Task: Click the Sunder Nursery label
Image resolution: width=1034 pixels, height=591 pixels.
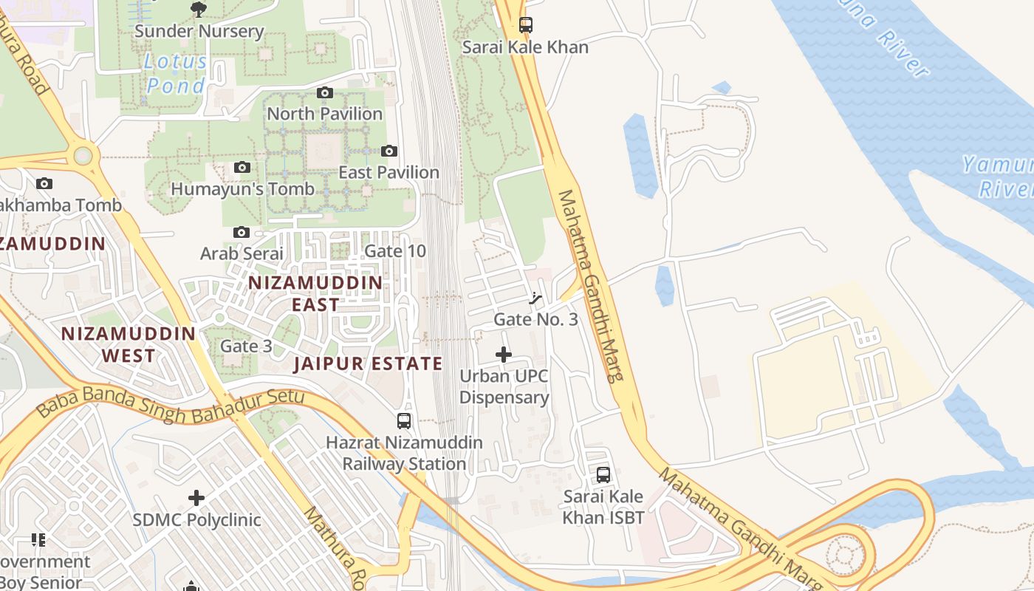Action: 199,31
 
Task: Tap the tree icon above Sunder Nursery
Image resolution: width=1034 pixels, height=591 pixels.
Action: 198,10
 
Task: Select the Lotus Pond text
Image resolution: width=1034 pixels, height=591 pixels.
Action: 176,73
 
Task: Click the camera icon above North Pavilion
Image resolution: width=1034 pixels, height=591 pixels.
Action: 324,92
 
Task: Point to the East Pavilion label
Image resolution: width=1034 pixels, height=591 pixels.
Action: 388,172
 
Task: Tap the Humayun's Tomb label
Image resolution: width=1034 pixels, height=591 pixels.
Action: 242,189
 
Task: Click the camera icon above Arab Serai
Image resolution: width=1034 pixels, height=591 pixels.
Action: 241,232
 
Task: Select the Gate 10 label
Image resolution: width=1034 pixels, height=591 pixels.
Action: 395,251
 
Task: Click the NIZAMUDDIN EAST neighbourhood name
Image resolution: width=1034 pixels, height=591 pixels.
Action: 315,293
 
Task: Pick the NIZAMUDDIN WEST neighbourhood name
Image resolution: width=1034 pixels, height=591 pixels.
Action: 129,344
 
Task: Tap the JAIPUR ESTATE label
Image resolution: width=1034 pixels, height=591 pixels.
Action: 368,363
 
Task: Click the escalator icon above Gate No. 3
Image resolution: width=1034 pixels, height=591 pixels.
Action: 536,298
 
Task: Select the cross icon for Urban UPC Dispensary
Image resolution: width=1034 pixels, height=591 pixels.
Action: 504,355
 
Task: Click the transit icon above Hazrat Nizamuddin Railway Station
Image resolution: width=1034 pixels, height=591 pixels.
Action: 404,421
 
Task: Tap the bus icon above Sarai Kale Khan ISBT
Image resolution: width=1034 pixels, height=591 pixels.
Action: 603,474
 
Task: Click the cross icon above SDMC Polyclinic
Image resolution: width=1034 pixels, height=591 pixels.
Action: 196,498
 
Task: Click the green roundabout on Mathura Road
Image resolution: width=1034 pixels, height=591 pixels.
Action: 83,156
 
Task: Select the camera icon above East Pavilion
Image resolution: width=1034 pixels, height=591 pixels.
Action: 389,151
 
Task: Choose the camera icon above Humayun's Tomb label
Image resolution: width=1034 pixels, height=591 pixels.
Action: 242,168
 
